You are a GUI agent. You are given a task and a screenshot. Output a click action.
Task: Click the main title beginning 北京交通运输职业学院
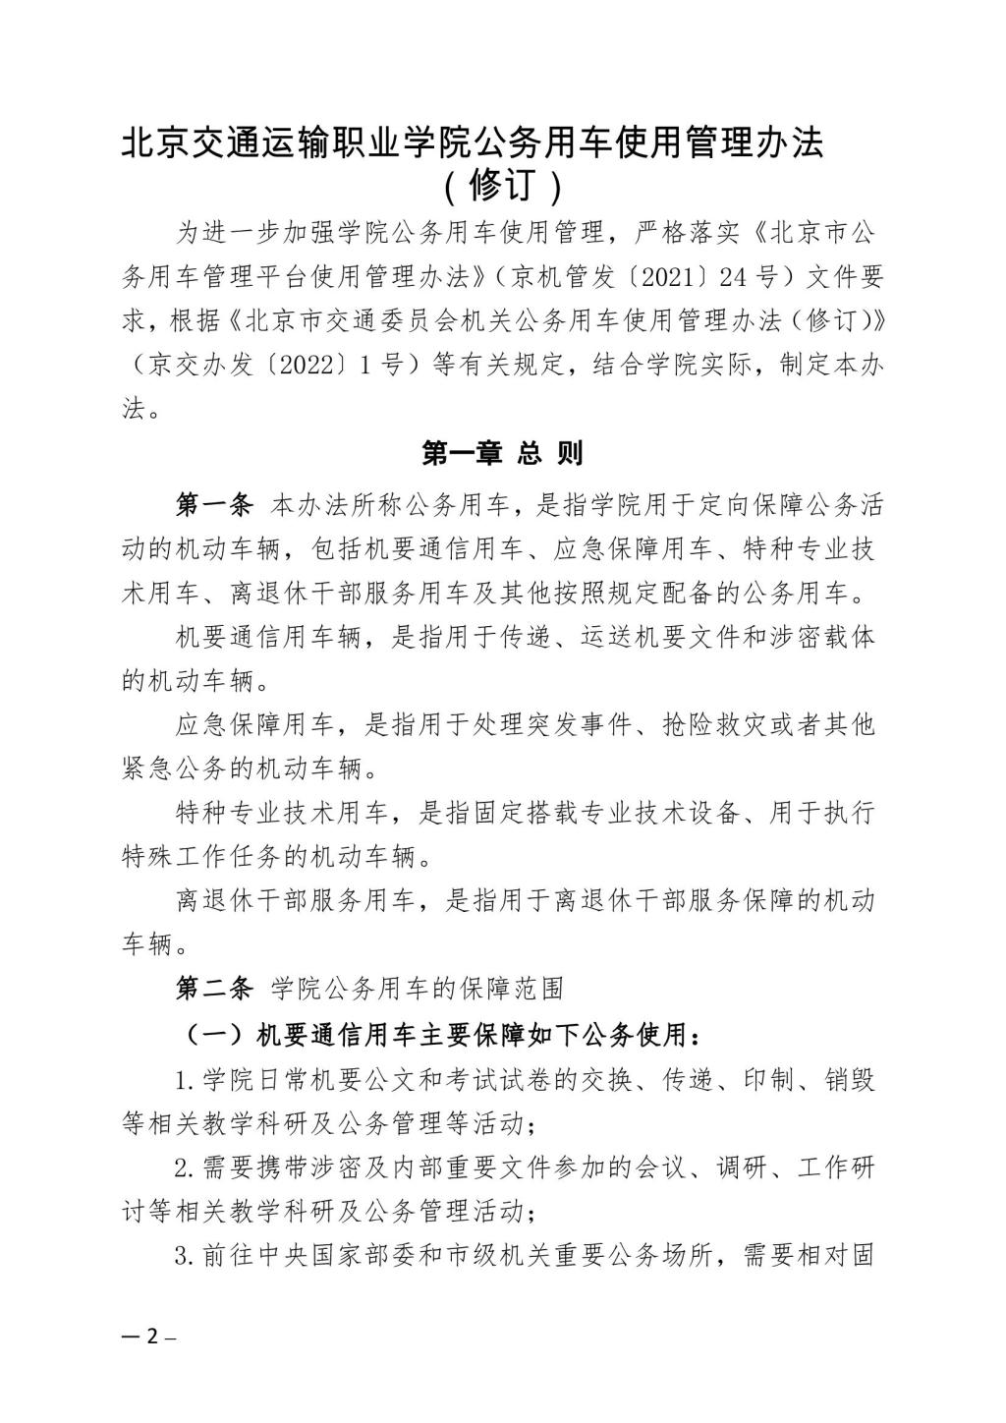pos(472,143)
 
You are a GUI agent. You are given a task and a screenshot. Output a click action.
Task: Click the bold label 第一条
pos(215,505)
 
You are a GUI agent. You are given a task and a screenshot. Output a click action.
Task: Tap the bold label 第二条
pos(215,988)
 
